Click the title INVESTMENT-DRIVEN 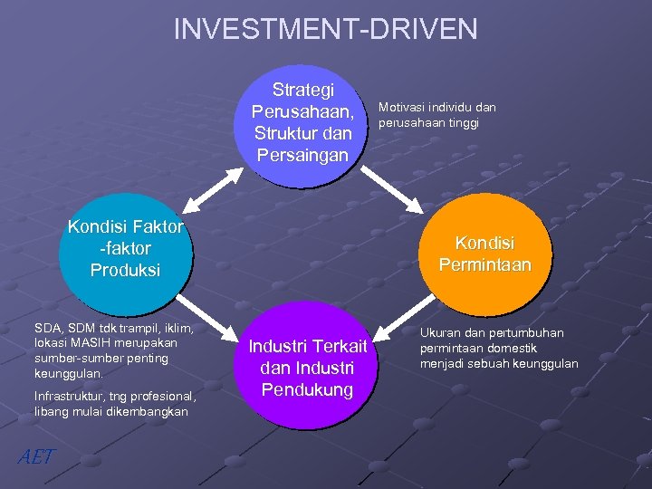(325, 29)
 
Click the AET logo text (36, 456)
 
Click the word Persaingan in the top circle (302, 156)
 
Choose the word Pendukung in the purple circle (307, 389)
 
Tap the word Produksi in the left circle (125, 270)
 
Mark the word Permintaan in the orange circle (484, 264)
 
